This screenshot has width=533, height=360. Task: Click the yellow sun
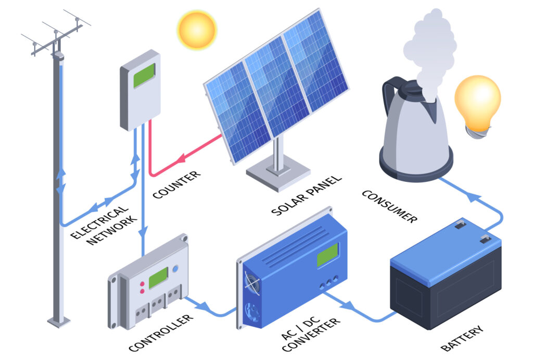196,29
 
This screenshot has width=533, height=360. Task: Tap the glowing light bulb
477,102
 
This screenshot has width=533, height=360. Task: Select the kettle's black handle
391,96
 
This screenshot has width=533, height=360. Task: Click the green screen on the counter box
144,76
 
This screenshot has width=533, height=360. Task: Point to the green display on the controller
158,278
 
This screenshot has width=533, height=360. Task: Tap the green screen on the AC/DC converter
327,254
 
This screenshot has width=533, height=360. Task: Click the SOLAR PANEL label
307,196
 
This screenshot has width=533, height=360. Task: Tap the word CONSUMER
389,206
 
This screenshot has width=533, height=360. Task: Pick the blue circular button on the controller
175,269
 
